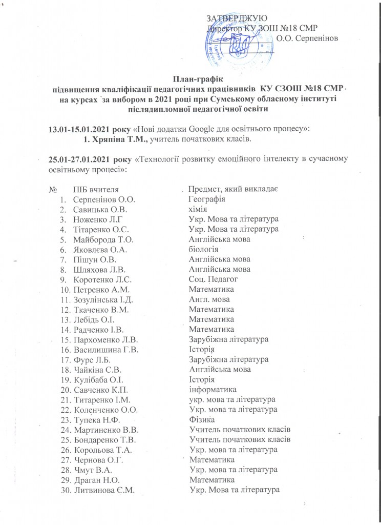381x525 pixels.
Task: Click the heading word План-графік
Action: click(190, 79)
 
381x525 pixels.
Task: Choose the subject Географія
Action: click(207, 199)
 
